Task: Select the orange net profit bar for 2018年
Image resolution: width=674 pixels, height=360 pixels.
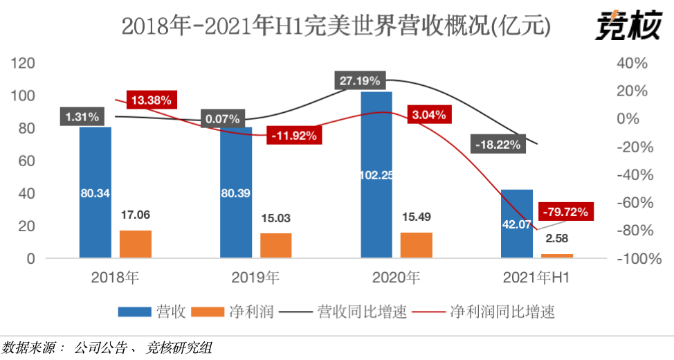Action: point(136,244)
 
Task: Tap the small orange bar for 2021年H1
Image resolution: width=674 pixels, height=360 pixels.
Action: point(557,255)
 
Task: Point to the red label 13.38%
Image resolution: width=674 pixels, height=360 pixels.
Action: point(151,100)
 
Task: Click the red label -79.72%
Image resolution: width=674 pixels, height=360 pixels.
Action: point(566,212)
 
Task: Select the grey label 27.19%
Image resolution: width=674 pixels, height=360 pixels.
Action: point(360,80)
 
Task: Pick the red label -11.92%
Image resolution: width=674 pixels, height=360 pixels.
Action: point(295,136)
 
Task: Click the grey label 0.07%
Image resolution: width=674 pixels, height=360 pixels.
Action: point(222,119)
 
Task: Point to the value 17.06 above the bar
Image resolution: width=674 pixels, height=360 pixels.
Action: point(136,215)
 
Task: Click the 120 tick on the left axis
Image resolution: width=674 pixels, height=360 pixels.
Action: point(24,64)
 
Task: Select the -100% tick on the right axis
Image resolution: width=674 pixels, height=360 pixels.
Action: point(628,259)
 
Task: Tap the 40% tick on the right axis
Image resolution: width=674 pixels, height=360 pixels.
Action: point(631,64)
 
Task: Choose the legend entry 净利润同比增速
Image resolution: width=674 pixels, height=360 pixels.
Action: point(502,312)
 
